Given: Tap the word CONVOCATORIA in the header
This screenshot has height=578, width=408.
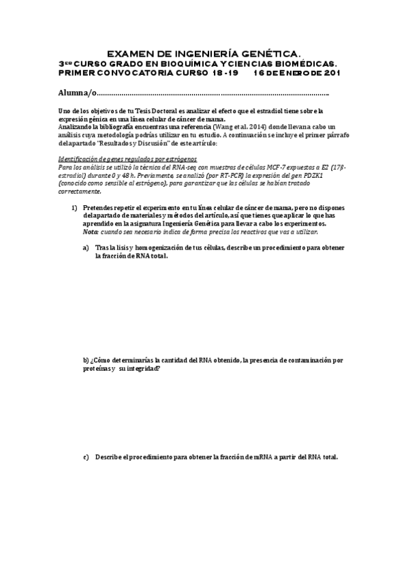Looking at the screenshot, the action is [151, 72].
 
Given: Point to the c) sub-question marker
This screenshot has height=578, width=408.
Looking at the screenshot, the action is [87, 457].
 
